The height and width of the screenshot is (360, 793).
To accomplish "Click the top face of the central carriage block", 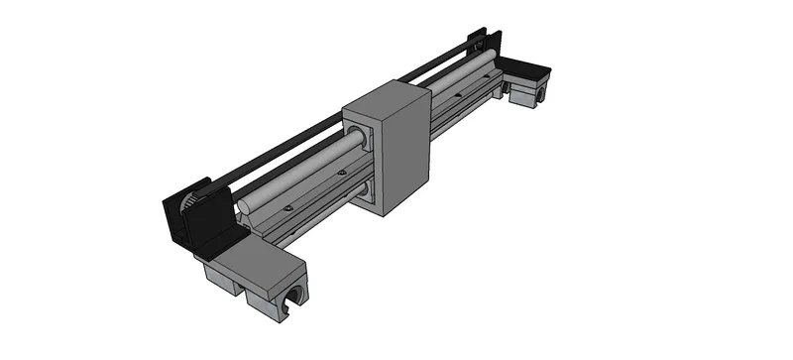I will [385, 98].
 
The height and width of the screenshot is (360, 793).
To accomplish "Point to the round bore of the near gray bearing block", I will [295, 300].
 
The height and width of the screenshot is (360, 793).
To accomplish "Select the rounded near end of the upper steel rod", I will [245, 206].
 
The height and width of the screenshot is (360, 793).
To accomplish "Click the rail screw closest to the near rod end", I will [287, 208].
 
